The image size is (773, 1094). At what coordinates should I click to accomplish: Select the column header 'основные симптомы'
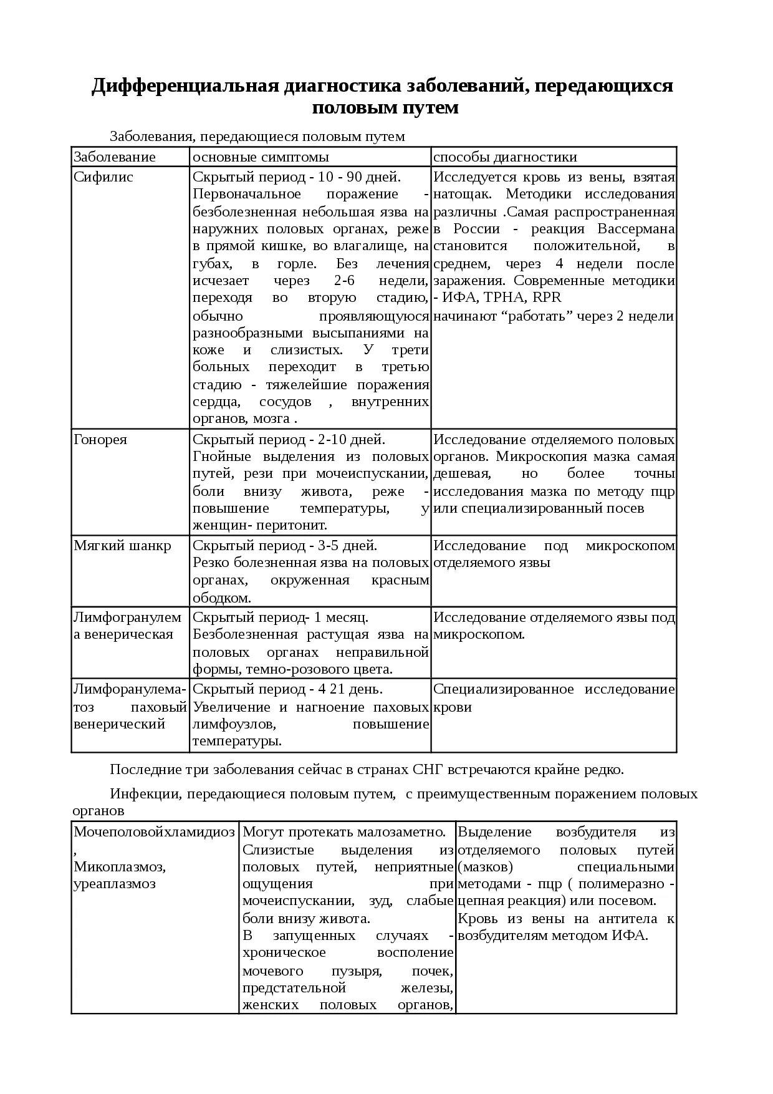pos(261,157)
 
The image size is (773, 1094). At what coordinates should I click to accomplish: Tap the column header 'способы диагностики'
pos(505,157)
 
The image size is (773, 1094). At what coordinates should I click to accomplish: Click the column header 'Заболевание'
pos(115,157)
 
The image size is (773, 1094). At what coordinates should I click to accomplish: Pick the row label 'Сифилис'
pos(103,177)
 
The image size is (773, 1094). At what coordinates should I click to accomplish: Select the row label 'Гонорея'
pos(100,439)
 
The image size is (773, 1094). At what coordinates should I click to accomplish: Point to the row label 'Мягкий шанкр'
pos(122,545)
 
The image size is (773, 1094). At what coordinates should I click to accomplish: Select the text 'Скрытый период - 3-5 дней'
pos(284,545)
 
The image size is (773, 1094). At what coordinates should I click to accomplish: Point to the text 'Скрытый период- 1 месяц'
pos(280,617)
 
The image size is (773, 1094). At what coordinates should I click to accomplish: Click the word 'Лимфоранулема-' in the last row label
pos(130,689)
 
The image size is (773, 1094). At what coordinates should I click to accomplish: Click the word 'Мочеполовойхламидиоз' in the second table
pos(154,831)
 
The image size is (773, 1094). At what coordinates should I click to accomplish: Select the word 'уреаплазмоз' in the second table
pos(115,884)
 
